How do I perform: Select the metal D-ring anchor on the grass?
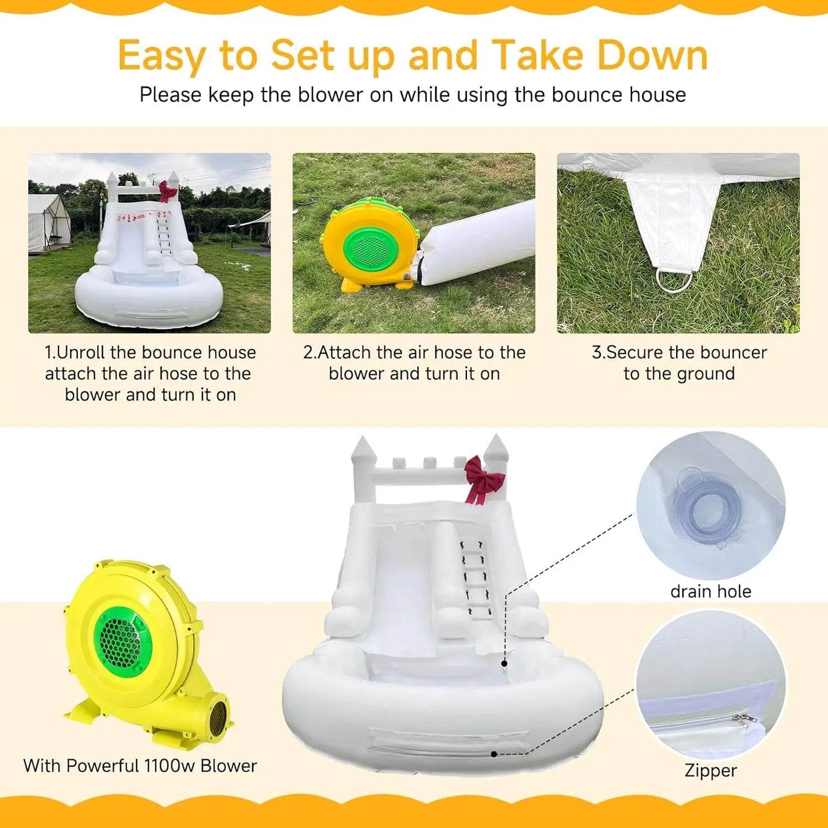click(674, 279)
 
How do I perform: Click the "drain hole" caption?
click(711, 591)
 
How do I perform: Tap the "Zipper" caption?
click(711, 771)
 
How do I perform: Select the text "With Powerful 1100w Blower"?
click(140, 766)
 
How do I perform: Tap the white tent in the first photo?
click(48, 223)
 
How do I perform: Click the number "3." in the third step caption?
click(599, 353)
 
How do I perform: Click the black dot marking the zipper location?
click(494, 754)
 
